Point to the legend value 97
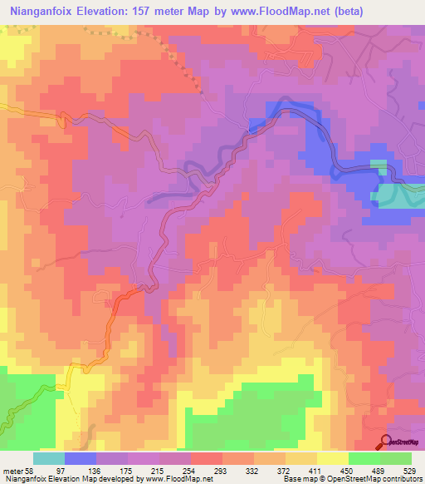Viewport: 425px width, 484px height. tap(81, 470)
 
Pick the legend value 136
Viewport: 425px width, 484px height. tap(113, 470)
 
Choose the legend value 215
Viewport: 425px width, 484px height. tap(178, 470)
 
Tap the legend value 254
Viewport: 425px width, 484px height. tap(210, 470)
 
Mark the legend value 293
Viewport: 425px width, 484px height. tap(243, 470)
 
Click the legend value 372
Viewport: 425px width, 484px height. tap(308, 470)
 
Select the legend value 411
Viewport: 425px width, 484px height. tap(340, 470)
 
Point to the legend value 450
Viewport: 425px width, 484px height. tap(373, 470)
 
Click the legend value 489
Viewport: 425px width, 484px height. tap(405, 470)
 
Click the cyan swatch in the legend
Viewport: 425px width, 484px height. tap(48, 458)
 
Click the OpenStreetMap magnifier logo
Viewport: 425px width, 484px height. tap(386, 443)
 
